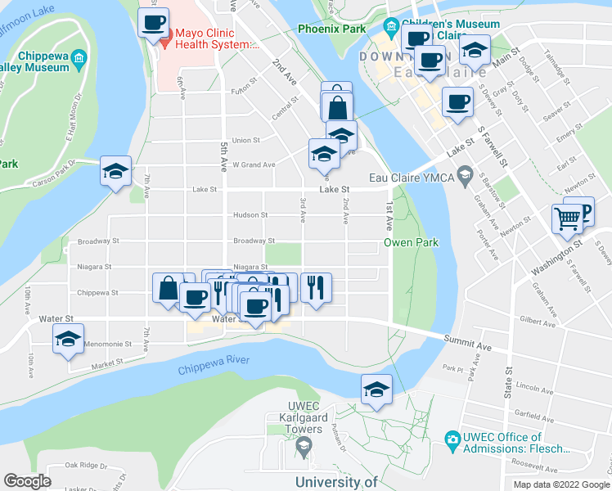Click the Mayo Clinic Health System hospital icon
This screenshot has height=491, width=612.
point(164,39)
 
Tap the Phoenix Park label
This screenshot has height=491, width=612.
point(331,29)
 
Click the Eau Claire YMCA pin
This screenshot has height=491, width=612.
point(466,173)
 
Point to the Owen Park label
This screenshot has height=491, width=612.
point(412,243)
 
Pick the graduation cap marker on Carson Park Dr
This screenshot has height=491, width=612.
point(116,171)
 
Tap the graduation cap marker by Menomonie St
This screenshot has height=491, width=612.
point(68,339)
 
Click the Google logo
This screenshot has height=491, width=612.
point(27,481)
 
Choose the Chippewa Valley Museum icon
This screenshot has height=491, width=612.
point(79,58)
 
